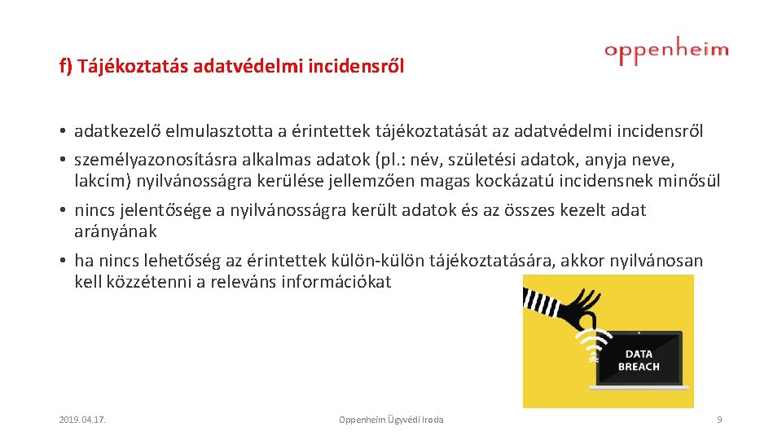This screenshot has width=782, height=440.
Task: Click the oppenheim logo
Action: tap(666, 51)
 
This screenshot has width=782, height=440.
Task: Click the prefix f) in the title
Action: tap(66, 66)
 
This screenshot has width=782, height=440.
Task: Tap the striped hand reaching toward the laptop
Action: tap(570, 306)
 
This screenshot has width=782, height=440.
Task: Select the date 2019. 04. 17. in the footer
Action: tap(84, 420)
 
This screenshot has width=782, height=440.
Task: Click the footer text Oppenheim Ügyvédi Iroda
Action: tap(391, 420)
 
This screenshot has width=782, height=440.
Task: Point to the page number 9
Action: tap(719, 420)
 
